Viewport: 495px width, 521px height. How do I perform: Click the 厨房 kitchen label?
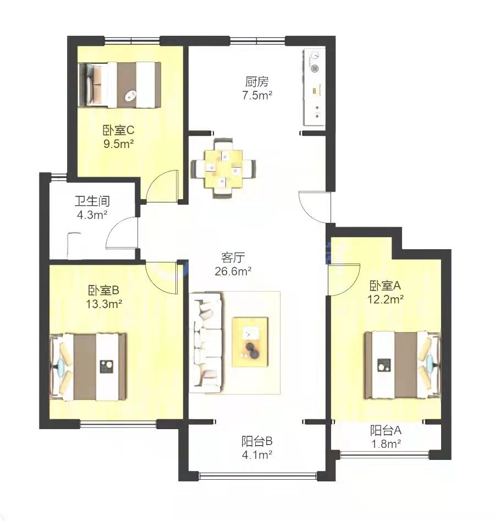pyautogui.click(x=256, y=82)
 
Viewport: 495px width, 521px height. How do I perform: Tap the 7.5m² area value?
pyautogui.click(x=257, y=95)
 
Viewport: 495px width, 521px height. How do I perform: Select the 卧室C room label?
pyautogui.click(x=118, y=130)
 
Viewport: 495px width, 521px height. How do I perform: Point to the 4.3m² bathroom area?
pyautogui.click(x=92, y=215)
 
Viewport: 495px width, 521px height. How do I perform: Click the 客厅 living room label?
pyautogui.click(x=233, y=257)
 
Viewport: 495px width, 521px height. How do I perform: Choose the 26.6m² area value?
pyautogui.click(x=233, y=271)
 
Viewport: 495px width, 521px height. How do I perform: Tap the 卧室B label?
pyautogui.click(x=103, y=290)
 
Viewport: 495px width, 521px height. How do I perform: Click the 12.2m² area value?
pyautogui.click(x=386, y=299)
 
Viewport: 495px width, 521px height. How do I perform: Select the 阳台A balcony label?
pyautogui.click(x=386, y=430)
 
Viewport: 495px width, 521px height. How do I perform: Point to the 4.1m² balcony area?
pyautogui.click(x=257, y=454)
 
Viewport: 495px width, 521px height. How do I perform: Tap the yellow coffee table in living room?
pyautogui.click(x=250, y=342)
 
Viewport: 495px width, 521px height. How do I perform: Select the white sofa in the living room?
pyautogui.click(x=205, y=343)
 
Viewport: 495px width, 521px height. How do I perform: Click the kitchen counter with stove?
pyautogui.click(x=314, y=87)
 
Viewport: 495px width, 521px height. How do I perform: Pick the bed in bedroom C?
pyautogui.click(x=119, y=85)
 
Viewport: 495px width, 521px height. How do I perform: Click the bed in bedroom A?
pyautogui.click(x=403, y=365)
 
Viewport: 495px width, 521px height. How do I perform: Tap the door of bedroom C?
pyautogui.click(x=162, y=185)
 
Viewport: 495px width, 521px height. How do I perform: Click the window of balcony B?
pyautogui.click(x=258, y=476)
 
